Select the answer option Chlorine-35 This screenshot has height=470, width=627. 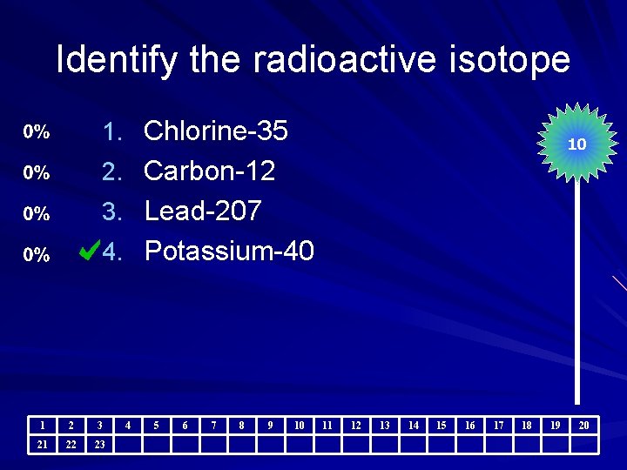(x=215, y=131)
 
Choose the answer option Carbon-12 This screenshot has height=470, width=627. (x=209, y=171)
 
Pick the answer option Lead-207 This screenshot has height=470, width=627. (x=202, y=211)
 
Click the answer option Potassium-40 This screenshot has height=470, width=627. (x=229, y=252)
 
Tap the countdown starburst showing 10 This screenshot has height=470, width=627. (x=576, y=144)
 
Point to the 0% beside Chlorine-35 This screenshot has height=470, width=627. (x=37, y=132)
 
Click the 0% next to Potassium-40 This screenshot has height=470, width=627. (x=37, y=255)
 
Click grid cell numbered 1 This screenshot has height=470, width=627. (x=43, y=426)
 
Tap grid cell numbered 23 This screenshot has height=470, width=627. (x=100, y=445)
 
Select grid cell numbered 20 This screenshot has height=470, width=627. (x=583, y=426)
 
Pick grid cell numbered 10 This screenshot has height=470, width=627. (x=299, y=426)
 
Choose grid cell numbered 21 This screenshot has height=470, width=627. (x=43, y=445)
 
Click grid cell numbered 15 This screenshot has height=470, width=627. (x=442, y=426)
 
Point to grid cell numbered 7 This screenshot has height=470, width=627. (x=213, y=426)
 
